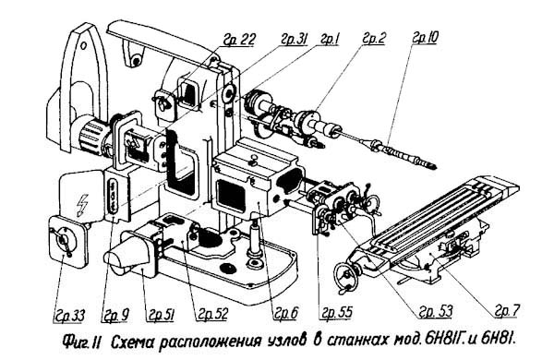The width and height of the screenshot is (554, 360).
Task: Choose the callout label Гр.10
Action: click(425, 42)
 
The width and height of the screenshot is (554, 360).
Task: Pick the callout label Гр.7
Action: click(510, 309)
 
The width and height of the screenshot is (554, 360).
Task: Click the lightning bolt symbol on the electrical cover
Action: click(79, 198)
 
